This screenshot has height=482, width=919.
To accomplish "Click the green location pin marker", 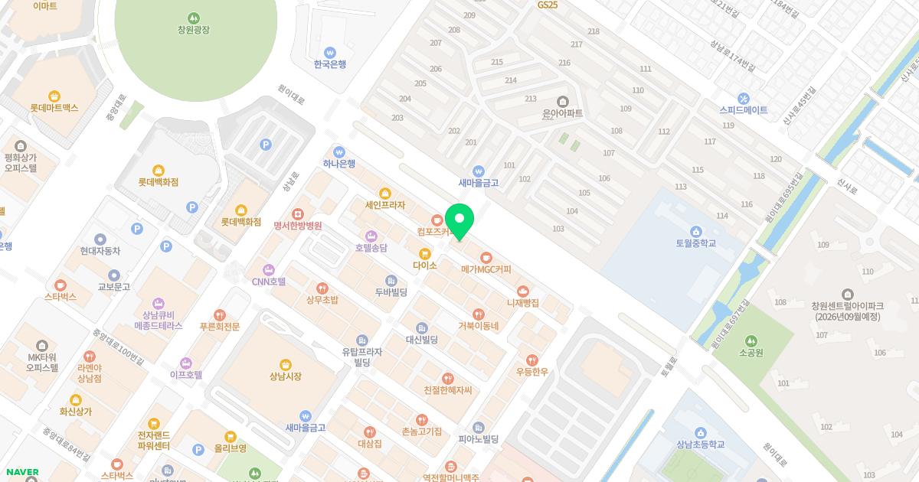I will [459, 221].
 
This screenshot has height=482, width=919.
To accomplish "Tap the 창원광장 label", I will [193, 30].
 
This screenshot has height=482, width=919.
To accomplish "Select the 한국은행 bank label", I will [330, 64].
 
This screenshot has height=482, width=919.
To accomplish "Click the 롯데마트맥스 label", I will [54, 108].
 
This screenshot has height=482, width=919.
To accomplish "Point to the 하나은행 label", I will [338, 163].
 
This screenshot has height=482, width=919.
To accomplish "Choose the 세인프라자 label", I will [384, 205].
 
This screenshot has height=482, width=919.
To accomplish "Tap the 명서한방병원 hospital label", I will [297, 226].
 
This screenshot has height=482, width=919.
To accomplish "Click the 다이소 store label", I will [424, 265].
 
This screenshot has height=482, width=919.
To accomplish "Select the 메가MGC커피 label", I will [486, 269].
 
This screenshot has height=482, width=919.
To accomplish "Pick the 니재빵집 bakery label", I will [523, 302].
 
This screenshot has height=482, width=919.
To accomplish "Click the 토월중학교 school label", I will [695, 243].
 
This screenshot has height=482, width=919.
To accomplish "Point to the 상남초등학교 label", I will [700, 445].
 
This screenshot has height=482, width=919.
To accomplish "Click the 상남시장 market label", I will [286, 376].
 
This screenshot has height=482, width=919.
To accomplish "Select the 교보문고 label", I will [113, 287].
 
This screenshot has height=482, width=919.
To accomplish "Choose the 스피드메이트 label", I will [743, 110].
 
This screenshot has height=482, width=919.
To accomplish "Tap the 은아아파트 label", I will [562, 112].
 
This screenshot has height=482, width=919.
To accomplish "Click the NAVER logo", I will [21, 472].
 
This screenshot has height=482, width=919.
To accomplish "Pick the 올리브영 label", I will [230, 448].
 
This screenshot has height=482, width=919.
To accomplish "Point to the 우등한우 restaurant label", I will [532, 371].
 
